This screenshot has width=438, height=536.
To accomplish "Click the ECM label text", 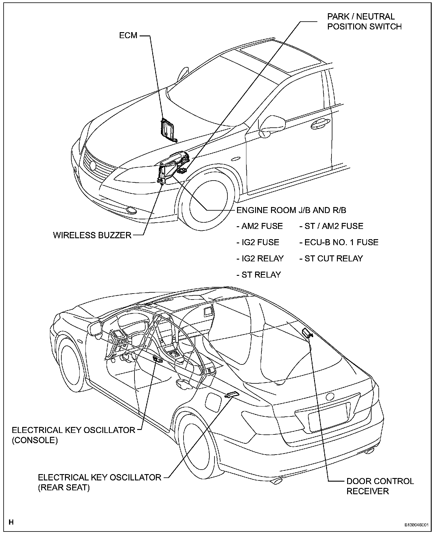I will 128,35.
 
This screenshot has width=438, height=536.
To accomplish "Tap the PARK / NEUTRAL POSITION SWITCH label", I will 364,21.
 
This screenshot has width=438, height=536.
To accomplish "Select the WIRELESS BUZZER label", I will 92,235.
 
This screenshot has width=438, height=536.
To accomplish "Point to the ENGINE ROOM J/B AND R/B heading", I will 291,210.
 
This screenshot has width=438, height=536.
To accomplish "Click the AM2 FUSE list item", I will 260,226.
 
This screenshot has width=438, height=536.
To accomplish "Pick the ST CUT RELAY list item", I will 331,258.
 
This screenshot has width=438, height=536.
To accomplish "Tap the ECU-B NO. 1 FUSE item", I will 339,242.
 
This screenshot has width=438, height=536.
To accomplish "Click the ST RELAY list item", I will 258,275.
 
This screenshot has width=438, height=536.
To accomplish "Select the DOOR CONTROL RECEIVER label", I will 380,486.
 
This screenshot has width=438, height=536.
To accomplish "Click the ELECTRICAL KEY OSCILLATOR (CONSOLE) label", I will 73,435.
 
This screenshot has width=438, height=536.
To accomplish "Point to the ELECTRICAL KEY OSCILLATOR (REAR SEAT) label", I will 100,482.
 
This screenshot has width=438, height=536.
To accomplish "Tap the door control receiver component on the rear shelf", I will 307,333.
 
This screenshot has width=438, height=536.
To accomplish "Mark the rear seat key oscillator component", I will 233,394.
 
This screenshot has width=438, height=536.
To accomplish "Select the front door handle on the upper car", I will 319,123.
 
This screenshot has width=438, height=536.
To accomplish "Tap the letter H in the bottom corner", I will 11,522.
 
